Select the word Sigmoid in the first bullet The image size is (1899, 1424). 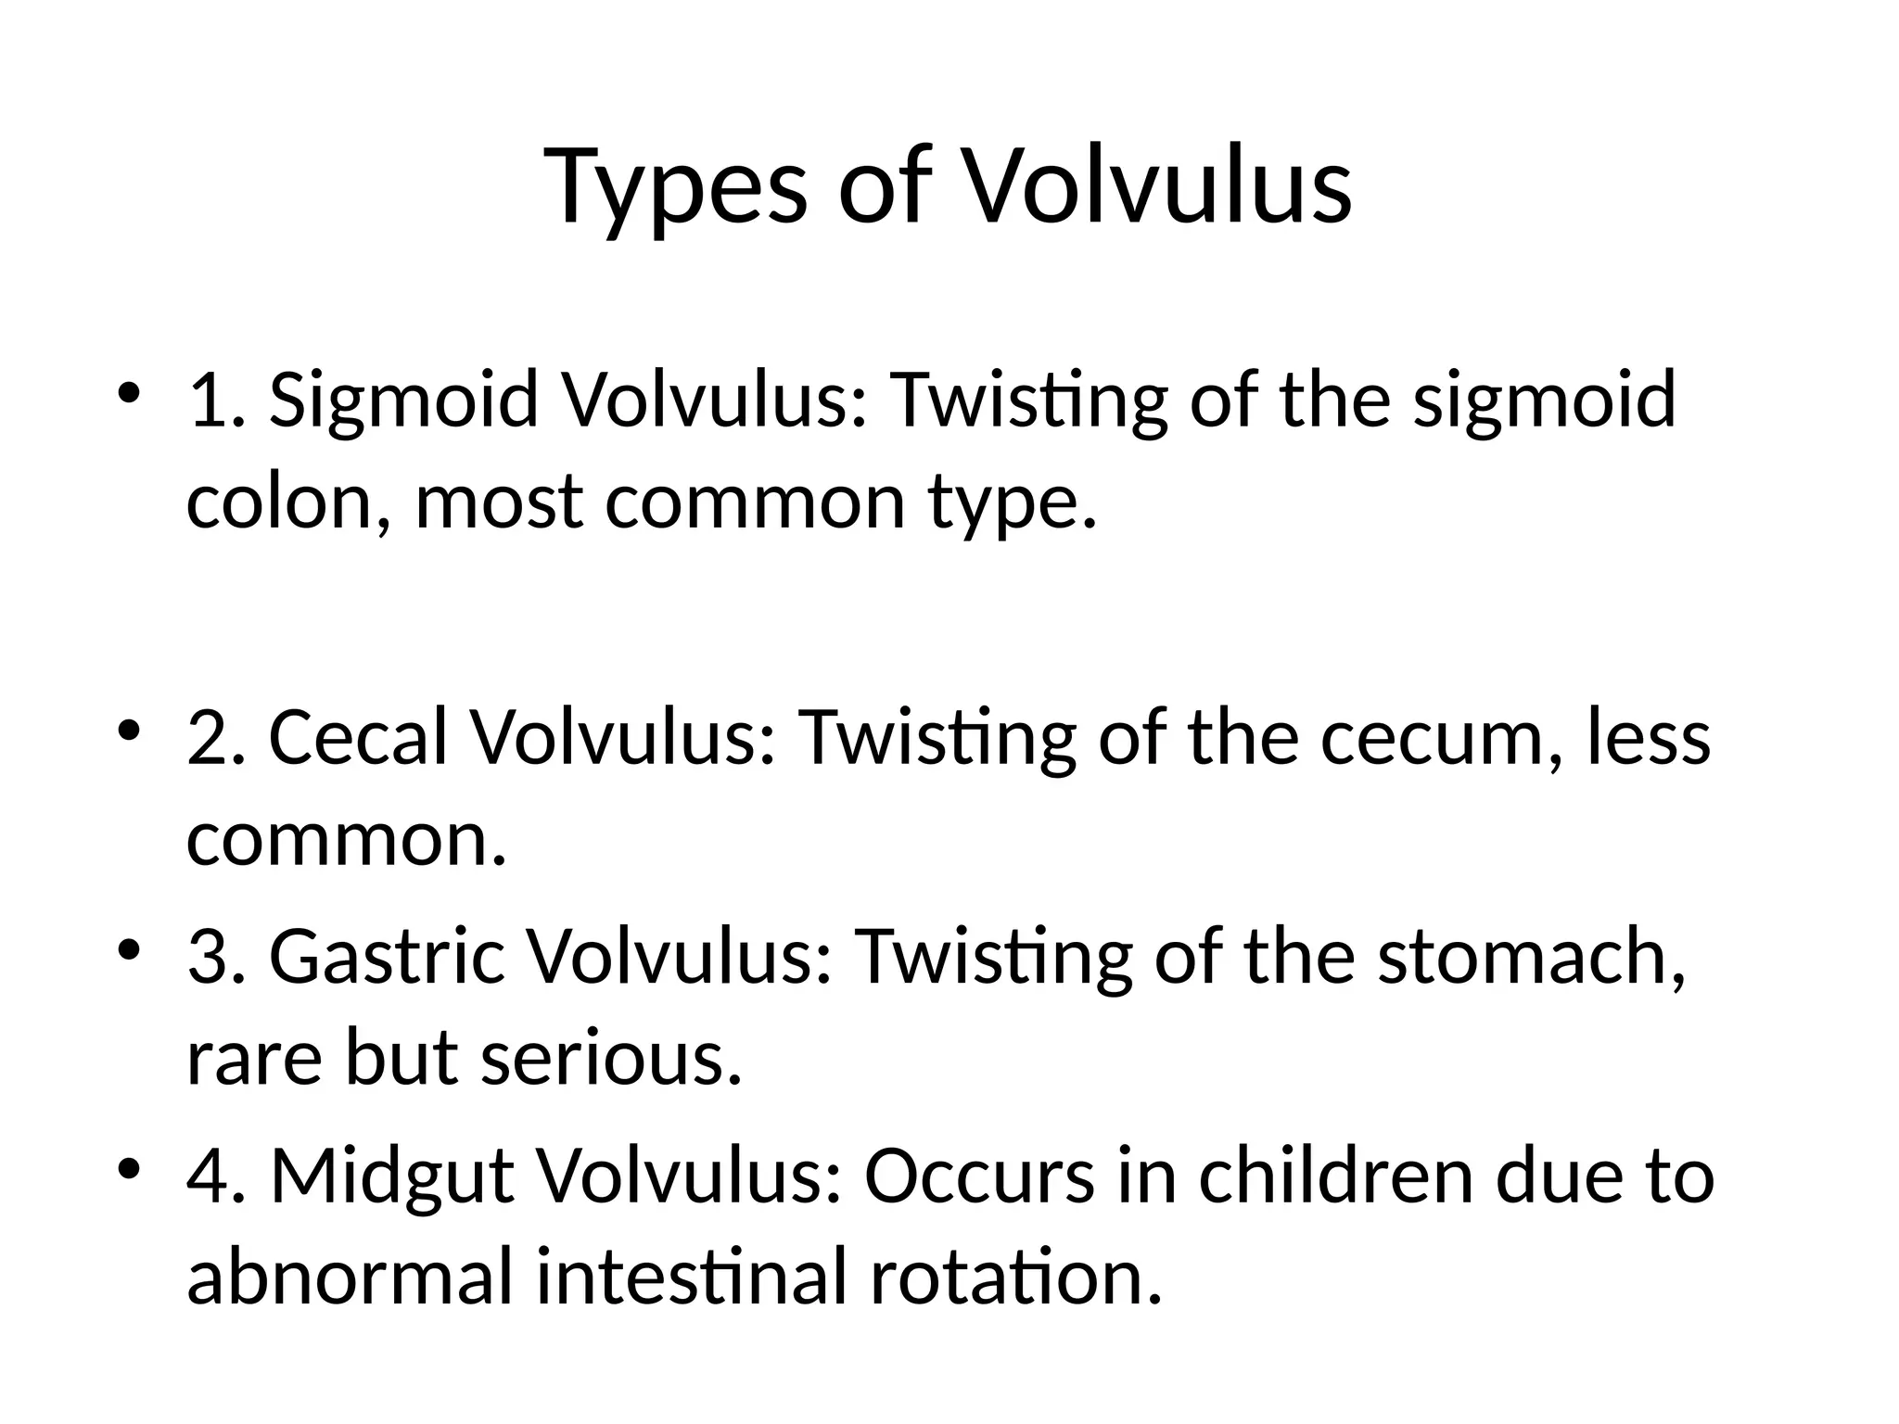point(403,400)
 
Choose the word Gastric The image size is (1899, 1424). point(387,957)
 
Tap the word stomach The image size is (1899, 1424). point(1530,957)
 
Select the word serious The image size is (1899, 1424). point(612,1058)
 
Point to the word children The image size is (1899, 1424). point(1336,1176)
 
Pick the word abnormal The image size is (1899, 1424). point(350,1277)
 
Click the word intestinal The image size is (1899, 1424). point(692,1277)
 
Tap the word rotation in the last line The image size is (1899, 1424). point(1015,1277)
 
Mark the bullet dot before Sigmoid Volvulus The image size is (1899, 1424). point(129,395)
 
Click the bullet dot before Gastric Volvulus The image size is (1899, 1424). point(129,951)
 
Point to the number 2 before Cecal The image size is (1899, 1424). point(206,738)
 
